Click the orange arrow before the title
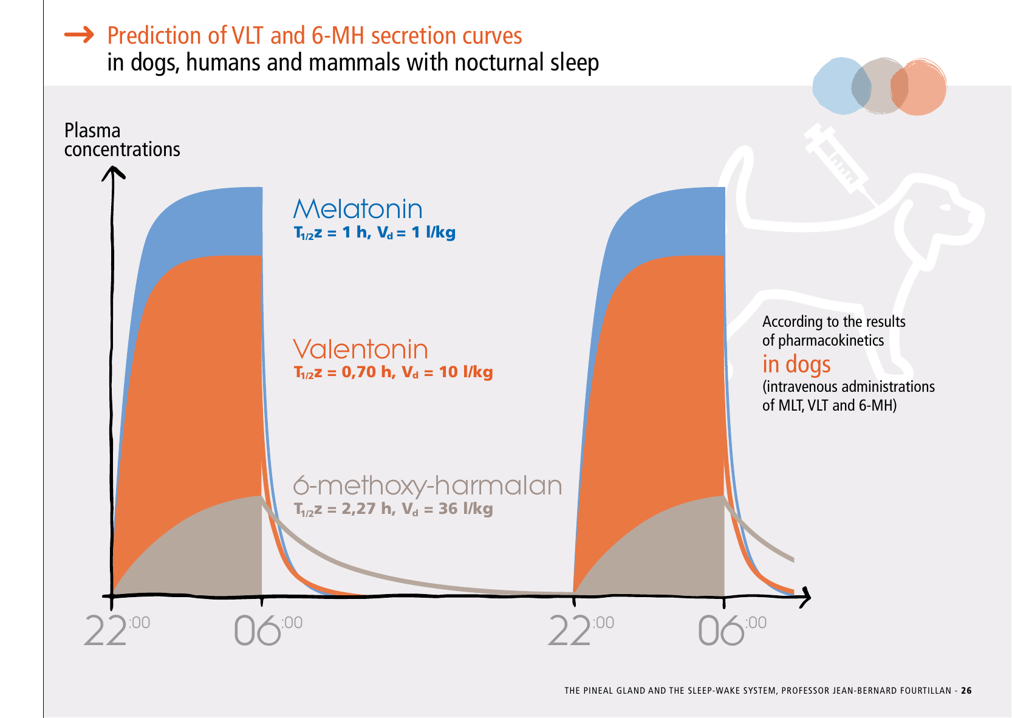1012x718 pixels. [79, 35]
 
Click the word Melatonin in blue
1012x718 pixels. [358, 209]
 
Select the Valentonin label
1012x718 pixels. [360, 349]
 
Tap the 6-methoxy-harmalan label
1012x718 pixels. [428, 485]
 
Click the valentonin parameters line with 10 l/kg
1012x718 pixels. [393, 372]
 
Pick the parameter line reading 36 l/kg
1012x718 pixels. [393, 509]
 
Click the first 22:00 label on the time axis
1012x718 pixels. [115, 630]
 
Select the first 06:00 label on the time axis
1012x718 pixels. [267, 630]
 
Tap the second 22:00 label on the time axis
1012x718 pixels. [580, 630]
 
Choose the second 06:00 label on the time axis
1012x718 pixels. [731, 630]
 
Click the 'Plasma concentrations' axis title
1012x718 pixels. [122, 140]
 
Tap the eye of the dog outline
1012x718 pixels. [945, 207]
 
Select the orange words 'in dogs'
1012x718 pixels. [796, 364]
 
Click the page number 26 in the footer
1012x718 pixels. [966, 691]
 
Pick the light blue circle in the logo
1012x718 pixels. [838, 86]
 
